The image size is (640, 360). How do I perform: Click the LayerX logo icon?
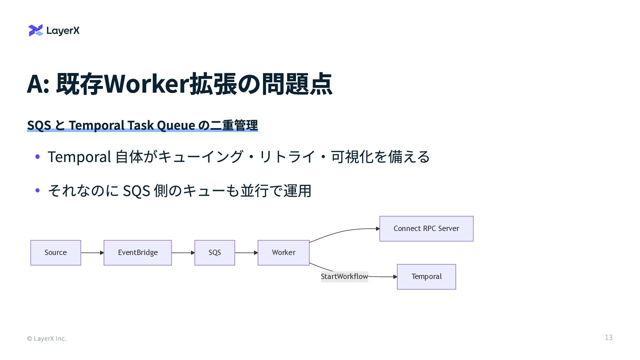(x=36, y=30)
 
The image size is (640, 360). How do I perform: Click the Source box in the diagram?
(x=56, y=253)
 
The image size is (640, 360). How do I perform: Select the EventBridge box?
(x=138, y=253)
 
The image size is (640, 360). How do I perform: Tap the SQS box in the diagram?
(x=215, y=253)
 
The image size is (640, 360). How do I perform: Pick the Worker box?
(x=283, y=253)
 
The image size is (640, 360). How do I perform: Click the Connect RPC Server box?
(x=426, y=229)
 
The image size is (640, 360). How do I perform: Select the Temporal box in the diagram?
(x=426, y=277)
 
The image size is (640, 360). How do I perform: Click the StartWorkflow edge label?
(x=344, y=277)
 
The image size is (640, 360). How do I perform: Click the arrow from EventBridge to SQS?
(x=183, y=253)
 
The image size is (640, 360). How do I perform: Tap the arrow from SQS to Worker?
(x=246, y=253)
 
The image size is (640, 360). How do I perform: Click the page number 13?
(x=609, y=338)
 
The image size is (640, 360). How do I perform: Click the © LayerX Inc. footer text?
(x=47, y=339)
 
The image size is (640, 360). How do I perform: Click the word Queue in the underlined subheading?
(x=176, y=125)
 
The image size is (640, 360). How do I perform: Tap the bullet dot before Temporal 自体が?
(x=38, y=157)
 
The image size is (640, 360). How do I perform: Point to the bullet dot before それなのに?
(x=38, y=191)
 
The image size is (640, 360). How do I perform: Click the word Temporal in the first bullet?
(x=79, y=157)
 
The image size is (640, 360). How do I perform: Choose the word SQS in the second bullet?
(x=136, y=191)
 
